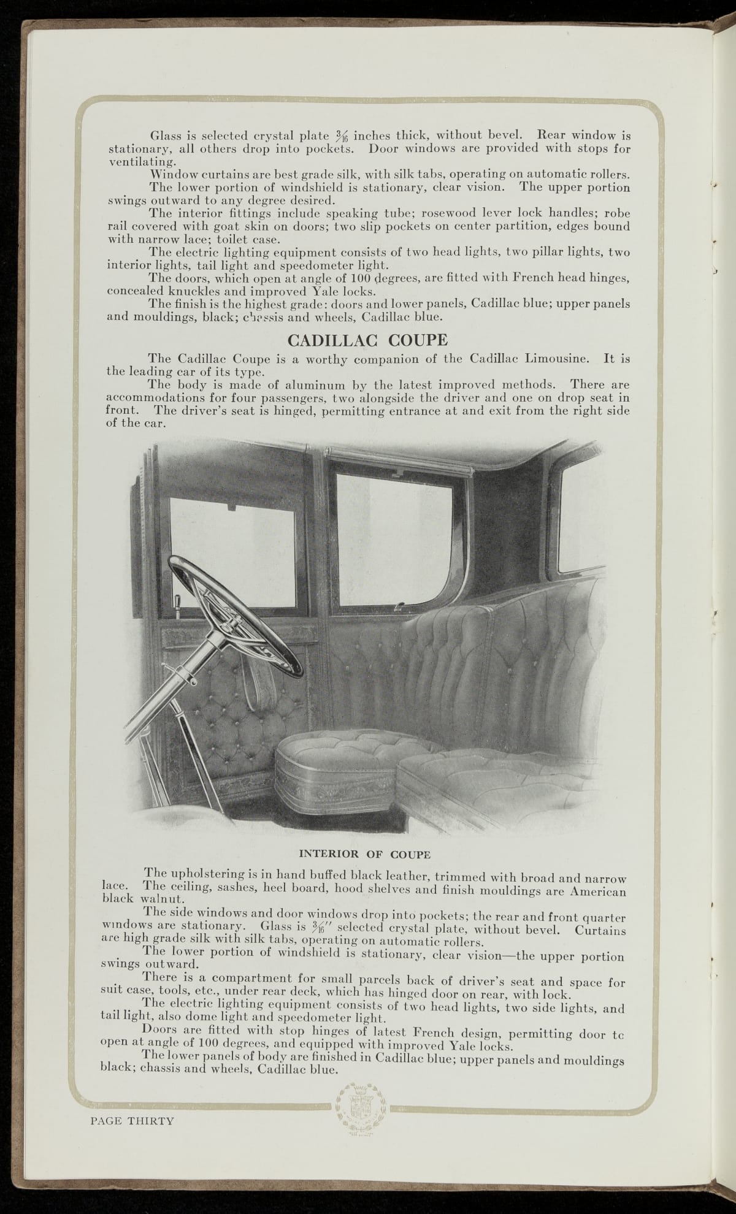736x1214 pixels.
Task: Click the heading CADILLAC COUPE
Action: pos(367,340)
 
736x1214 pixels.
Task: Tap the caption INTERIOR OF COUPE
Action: pos(364,853)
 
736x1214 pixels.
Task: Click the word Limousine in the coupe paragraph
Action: pos(562,358)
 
